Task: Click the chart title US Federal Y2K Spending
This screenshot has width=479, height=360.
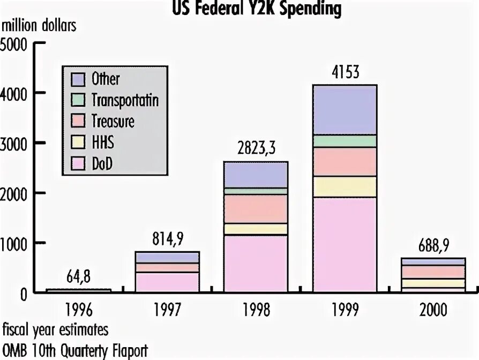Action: tap(256, 9)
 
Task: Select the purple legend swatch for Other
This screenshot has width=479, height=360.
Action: tap(78, 79)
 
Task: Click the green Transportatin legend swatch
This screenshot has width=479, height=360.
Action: tap(78, 100)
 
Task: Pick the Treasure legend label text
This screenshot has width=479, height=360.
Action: tap(113, 121)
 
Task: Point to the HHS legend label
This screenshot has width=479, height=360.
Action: tap(103, 142)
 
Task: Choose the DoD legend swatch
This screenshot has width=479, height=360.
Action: tap(78, 163)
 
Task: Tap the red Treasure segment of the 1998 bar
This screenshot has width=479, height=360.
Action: tap(256, 208)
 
